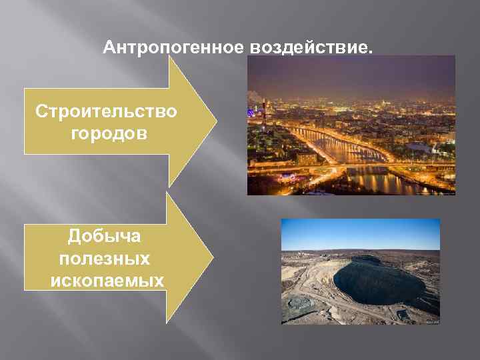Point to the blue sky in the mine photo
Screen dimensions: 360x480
[x=360, y=233]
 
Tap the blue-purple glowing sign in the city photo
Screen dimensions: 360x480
[x=288, y=178]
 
